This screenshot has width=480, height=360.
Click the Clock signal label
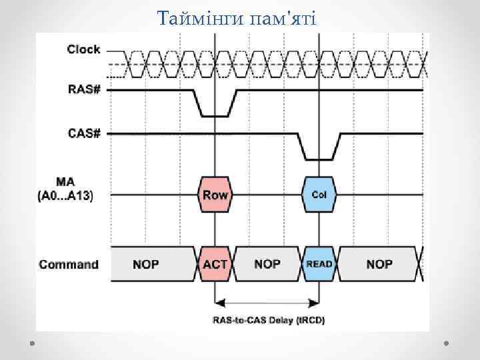(83, 49)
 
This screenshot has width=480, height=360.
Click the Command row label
(69, 265)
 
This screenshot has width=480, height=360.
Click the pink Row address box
(215, 195)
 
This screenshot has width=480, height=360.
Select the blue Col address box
(319, 195)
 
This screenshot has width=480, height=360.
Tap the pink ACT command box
(215, 265)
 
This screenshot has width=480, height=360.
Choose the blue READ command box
(319, 265)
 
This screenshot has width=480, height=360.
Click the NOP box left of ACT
(146, 265)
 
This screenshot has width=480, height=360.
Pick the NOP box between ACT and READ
(267, 265)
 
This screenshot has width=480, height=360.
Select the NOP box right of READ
(379, 265)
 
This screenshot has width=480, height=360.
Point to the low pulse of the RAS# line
(215, 115)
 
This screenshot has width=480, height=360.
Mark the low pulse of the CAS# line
(319, 159)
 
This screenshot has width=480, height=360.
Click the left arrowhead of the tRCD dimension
(219, 301)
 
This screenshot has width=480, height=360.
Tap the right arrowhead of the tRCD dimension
(315, 301)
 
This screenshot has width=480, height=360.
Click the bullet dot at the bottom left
(32, 343)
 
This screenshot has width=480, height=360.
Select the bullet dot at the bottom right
(446, 343)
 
